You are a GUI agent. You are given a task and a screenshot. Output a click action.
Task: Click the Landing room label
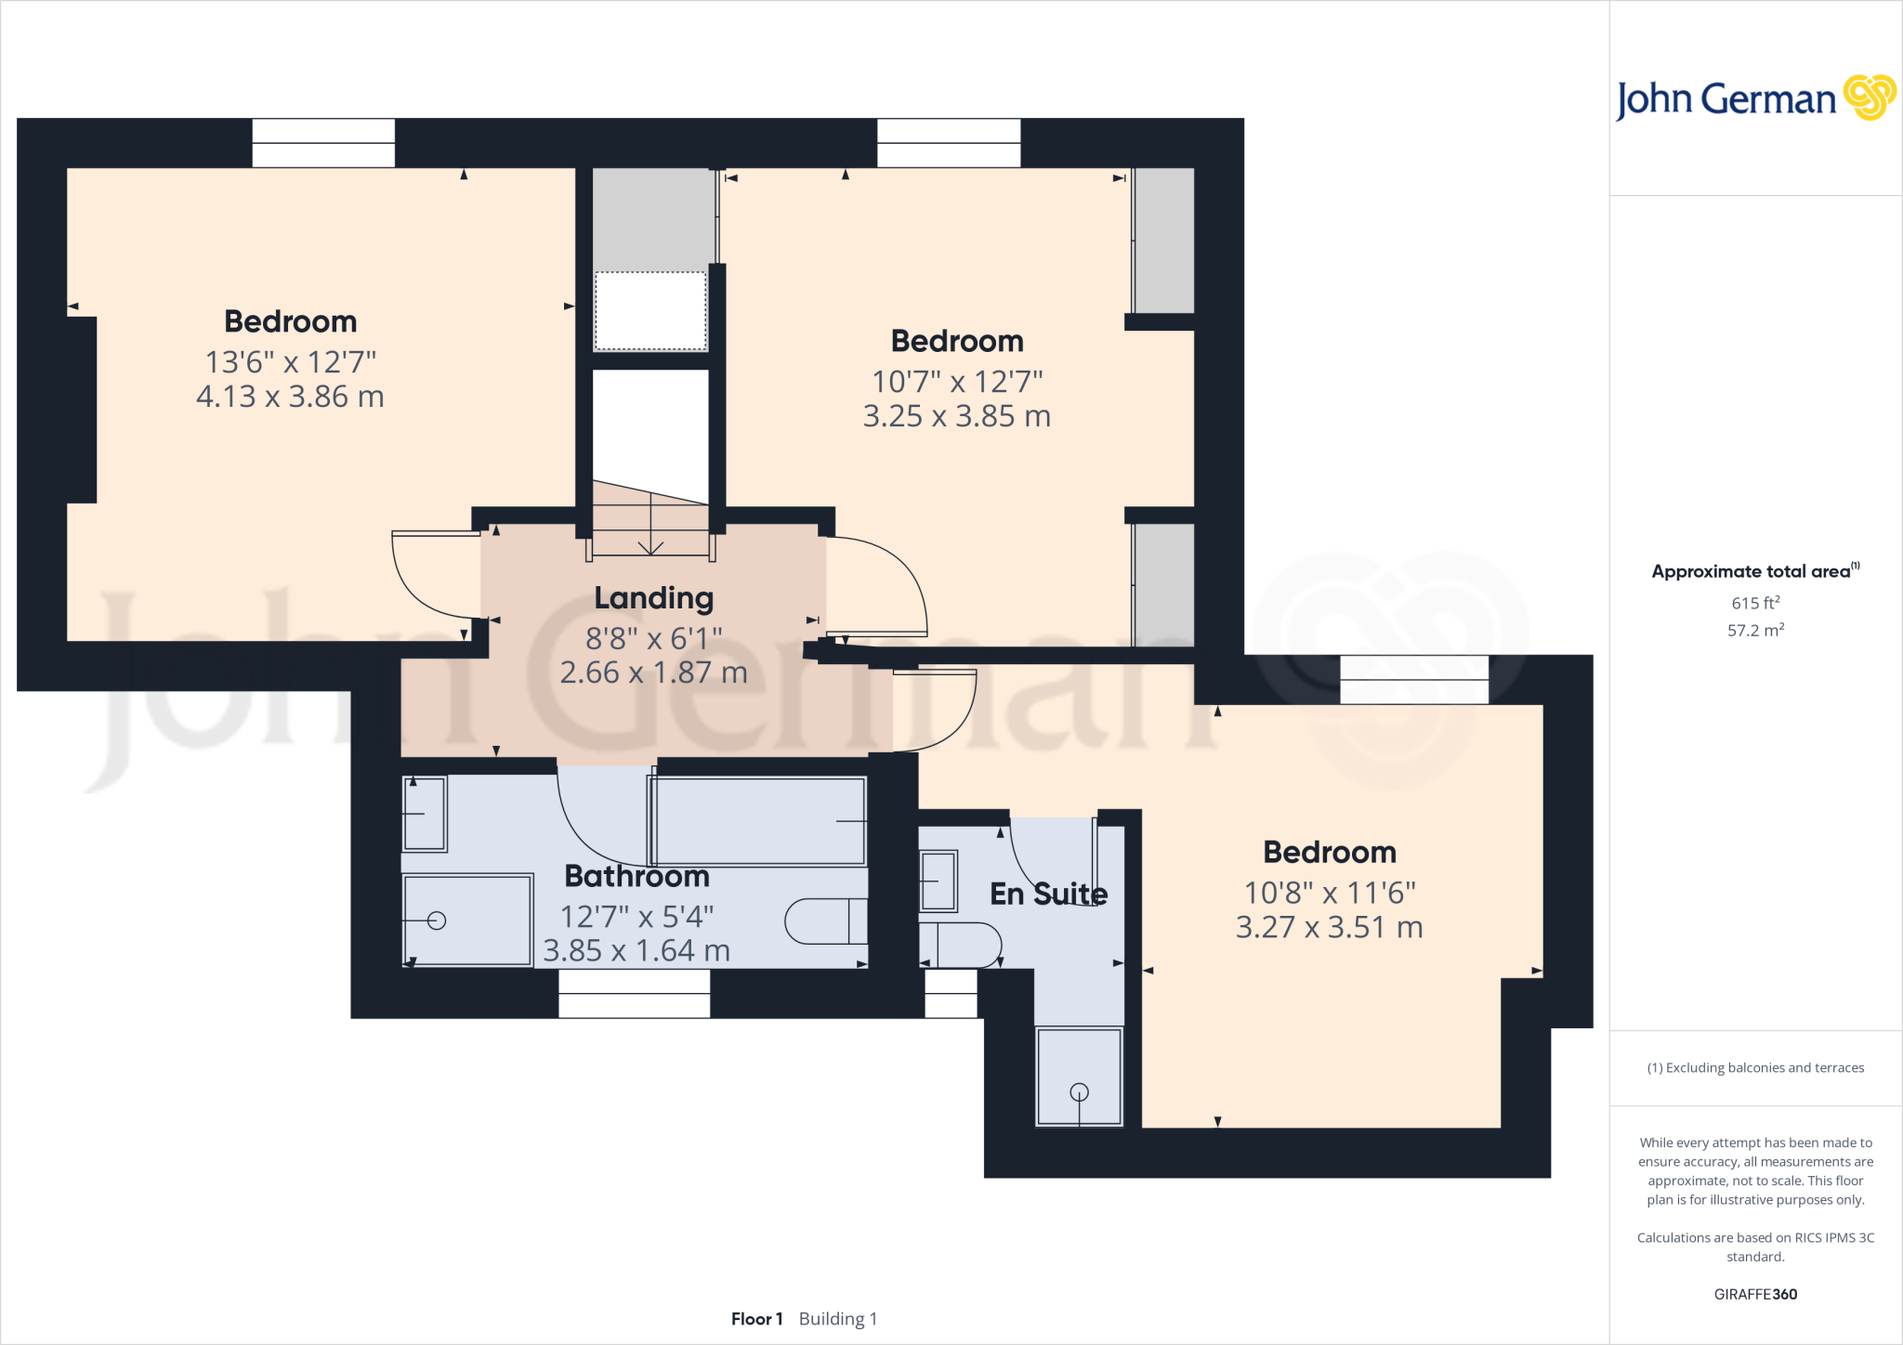[x=653, y=598]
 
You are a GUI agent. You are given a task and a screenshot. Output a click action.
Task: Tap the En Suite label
[x=1048, y=894]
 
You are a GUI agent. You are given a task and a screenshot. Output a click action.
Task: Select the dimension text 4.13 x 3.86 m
[x=290, y=397]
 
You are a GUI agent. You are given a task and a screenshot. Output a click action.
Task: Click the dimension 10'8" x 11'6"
[x=1329, y=893]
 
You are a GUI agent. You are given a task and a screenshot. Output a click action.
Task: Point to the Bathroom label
[x=637, y=876]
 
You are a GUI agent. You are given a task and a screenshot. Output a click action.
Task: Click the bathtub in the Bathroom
[x=757, y=821]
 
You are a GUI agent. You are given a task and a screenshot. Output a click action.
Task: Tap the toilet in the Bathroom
[x=825, y=921]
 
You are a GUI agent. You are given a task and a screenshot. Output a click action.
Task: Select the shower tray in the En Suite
[x=1079, y=1076]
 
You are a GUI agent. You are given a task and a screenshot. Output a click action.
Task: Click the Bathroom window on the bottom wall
[x=634, y=993]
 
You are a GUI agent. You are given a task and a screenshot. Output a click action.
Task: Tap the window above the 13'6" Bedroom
[x=323, y=143]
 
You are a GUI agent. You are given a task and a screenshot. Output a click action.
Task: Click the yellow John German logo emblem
[x=1869, y=98]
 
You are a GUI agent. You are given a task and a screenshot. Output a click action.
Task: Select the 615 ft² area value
[x=1754, y=603]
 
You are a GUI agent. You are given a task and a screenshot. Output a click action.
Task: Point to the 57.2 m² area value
[x=1754, y=630]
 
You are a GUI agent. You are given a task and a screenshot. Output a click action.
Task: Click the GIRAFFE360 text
[x=1754, y=1294]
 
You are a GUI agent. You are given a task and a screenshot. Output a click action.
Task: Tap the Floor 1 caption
[x=756, y=1319]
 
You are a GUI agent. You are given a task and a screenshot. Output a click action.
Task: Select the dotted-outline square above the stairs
[x=650, y=311]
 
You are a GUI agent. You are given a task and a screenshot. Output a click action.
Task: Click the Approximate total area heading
[x=1752, y=571]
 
